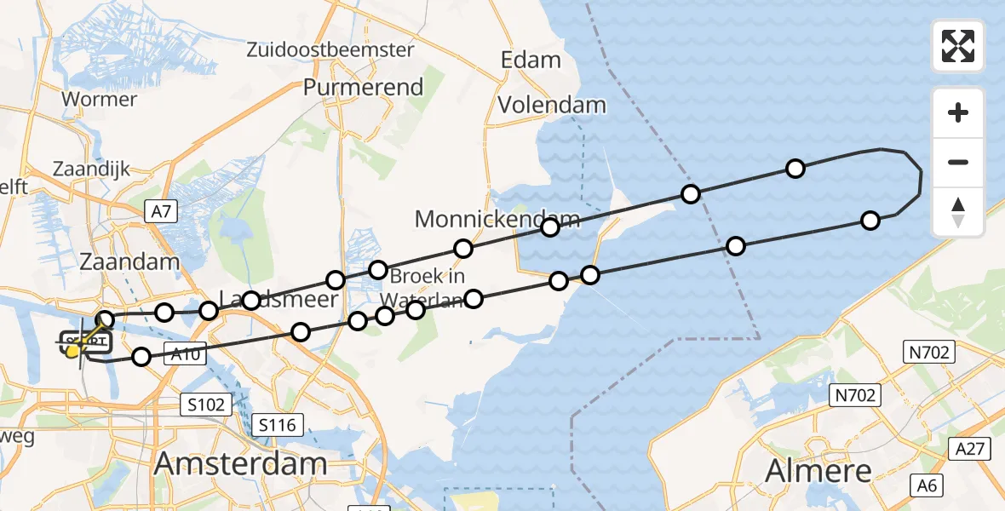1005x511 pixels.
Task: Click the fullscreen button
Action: click(958, 46)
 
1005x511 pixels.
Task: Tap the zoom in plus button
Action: click(958, 112)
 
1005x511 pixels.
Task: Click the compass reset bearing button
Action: click(958, 212)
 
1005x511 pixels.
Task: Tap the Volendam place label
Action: click(552, 106)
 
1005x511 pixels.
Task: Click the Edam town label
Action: click(531, 60)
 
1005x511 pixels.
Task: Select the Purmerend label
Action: click(363, 87)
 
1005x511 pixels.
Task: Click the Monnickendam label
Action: click(497, 219)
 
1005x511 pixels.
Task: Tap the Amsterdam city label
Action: click(240, 464)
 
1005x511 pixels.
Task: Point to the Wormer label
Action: click(99, 99)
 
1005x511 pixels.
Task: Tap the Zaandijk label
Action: click(91, 169)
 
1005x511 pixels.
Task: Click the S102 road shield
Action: click(207, 404)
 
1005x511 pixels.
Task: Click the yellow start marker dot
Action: click(73, 350)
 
